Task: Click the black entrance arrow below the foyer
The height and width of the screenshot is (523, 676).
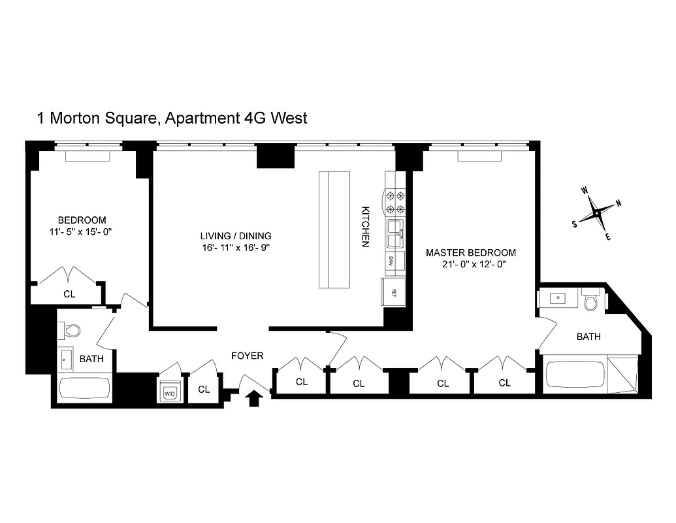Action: pos(254,398)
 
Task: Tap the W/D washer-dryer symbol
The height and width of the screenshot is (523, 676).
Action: pos(169,392)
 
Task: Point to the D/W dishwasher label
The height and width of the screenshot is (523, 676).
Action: pos(391,260)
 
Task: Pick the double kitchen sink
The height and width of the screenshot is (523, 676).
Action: pos(395,233)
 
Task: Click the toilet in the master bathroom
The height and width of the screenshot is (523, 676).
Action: pos(592,303)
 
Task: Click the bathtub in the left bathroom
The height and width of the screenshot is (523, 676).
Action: pos(84,388)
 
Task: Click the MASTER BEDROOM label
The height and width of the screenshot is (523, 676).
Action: pos(470,253)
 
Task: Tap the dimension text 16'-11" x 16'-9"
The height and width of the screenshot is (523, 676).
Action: pos(235,247)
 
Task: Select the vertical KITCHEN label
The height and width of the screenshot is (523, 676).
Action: pos(366,228)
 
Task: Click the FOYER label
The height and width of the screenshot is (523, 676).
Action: pos(248,356)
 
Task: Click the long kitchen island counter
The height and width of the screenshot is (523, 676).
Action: pos(334,229)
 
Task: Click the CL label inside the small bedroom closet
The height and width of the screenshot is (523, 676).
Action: pos(69,294)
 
